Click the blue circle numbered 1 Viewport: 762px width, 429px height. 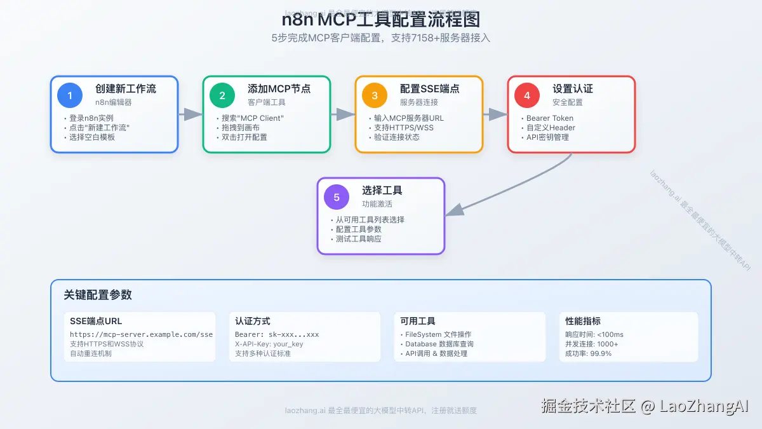tap(70, 95)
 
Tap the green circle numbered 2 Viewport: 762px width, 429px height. tap(222, 95)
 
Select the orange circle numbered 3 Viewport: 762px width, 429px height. tap(375, 95)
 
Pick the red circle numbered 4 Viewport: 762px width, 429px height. tap(527, 95)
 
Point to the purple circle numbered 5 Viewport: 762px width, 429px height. tap(337, 197)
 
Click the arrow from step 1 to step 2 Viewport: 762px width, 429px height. tap(190, 114)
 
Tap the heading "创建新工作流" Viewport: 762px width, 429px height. tap(126, 89)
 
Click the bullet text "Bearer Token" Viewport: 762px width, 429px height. tap(550, 118)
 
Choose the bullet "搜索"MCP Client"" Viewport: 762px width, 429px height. tap(253, 118)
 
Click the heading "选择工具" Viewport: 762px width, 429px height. tap(382, 191)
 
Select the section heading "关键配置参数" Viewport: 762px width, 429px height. tap(98, 295)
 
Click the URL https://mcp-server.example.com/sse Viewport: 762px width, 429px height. tap(141, 334)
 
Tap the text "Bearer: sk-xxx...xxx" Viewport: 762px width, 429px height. tap(277, 334)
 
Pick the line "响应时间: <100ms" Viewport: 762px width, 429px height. tap(594, 334)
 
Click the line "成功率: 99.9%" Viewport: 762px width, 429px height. tap(589, 353)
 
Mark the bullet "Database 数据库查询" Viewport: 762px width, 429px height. tap(439, 344)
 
